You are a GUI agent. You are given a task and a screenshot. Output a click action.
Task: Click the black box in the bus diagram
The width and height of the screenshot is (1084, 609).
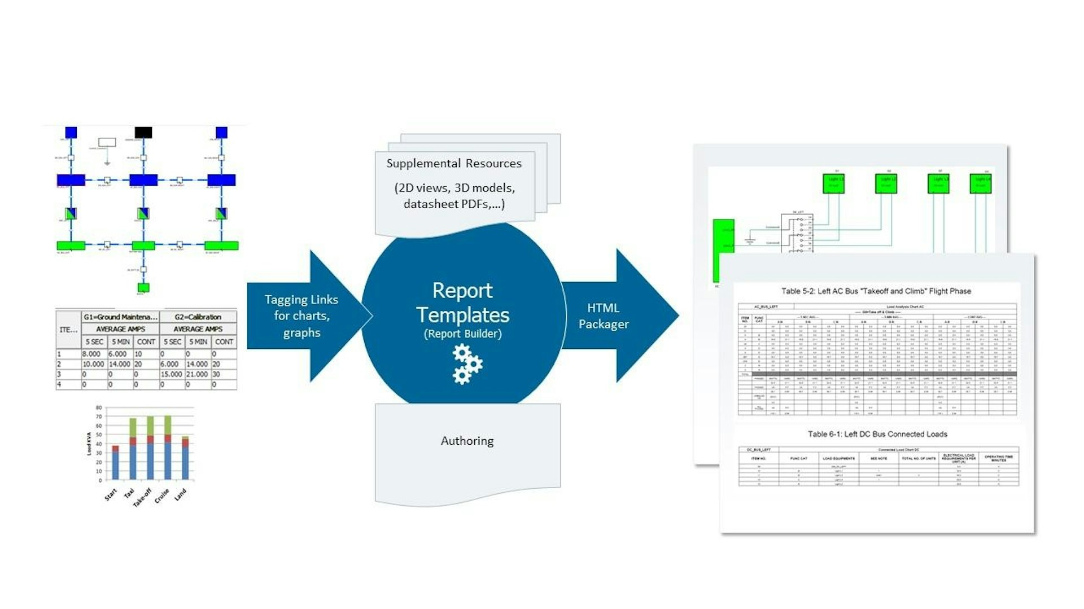tap(143, 133)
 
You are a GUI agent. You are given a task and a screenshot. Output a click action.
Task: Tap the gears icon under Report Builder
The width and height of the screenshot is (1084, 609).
tap(467, 365)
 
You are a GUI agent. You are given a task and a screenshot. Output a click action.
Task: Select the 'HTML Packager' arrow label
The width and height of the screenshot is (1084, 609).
tap(603, 316)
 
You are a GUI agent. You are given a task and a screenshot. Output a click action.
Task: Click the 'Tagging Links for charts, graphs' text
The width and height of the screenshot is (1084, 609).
tap(301, 316)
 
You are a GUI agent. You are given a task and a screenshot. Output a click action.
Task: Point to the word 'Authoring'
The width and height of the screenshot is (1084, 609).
tap(467, 441)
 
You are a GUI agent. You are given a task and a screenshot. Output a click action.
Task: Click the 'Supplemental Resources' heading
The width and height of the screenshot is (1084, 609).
tap(454, 164)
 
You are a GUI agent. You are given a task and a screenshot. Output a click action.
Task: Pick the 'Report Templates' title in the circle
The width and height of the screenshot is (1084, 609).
tap(462, 303)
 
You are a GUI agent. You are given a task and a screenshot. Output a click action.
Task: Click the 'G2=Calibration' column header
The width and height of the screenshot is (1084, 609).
tap(198, 317)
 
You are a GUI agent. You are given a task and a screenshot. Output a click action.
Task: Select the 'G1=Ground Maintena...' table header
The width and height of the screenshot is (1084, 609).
tap(120, 317)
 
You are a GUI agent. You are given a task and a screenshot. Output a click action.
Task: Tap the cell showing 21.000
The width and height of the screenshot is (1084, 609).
tap(197, 374)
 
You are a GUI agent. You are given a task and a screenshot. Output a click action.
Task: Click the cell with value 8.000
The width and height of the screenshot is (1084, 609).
tap(92, 354)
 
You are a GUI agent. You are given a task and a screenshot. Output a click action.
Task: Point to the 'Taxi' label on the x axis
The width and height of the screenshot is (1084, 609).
tap(129, 493)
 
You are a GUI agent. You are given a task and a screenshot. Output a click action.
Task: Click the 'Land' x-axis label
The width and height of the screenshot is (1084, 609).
tap(180, 495)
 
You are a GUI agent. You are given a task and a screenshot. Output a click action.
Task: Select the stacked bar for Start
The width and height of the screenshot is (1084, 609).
tap(115, 463)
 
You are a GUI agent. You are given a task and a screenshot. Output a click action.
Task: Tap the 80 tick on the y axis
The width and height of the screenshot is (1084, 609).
tap(99, 408)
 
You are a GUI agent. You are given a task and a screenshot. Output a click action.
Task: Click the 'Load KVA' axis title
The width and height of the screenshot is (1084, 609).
tap(89, 444)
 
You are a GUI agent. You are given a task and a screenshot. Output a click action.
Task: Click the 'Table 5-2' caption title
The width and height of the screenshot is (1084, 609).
tap(876, 291)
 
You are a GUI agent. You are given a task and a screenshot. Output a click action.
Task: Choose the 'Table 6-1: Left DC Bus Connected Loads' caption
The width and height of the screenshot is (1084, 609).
tap(877, 434)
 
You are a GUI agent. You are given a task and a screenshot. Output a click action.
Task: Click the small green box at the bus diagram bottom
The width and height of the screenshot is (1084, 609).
tap(143, 288)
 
